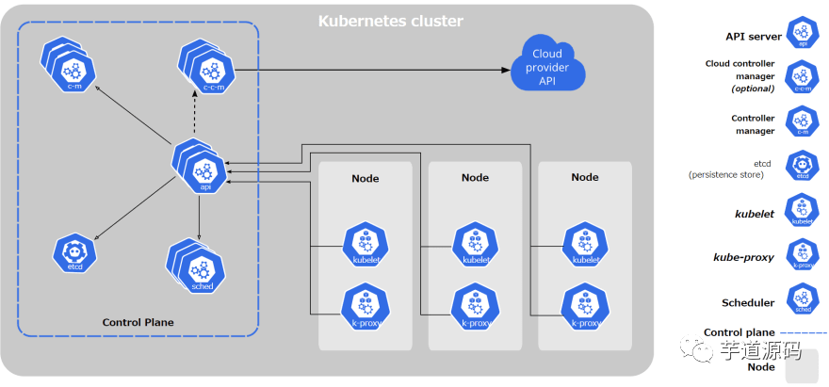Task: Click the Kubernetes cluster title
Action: (x=390, y=21)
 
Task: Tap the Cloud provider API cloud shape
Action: (x=547, y=64)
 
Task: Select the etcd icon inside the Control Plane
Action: (x=75, y=253)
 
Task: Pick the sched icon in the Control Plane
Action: (x=196, y=266)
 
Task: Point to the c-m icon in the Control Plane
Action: (x=69, y=66)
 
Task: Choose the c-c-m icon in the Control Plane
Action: (x=206, y=66)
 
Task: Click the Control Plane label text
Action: (x=138, y=322)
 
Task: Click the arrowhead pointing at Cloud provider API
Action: (x=505, y=70)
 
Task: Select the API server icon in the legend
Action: (x=803, y=33)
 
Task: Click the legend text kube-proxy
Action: (x=743, y=257)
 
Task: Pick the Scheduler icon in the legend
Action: (x=803, y=299)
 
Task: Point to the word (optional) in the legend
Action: (x=753, y=89)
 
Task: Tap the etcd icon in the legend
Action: (x=803, y=166)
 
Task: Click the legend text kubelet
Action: (x=755, y=214)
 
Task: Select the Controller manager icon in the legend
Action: (x=803, y=122)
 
